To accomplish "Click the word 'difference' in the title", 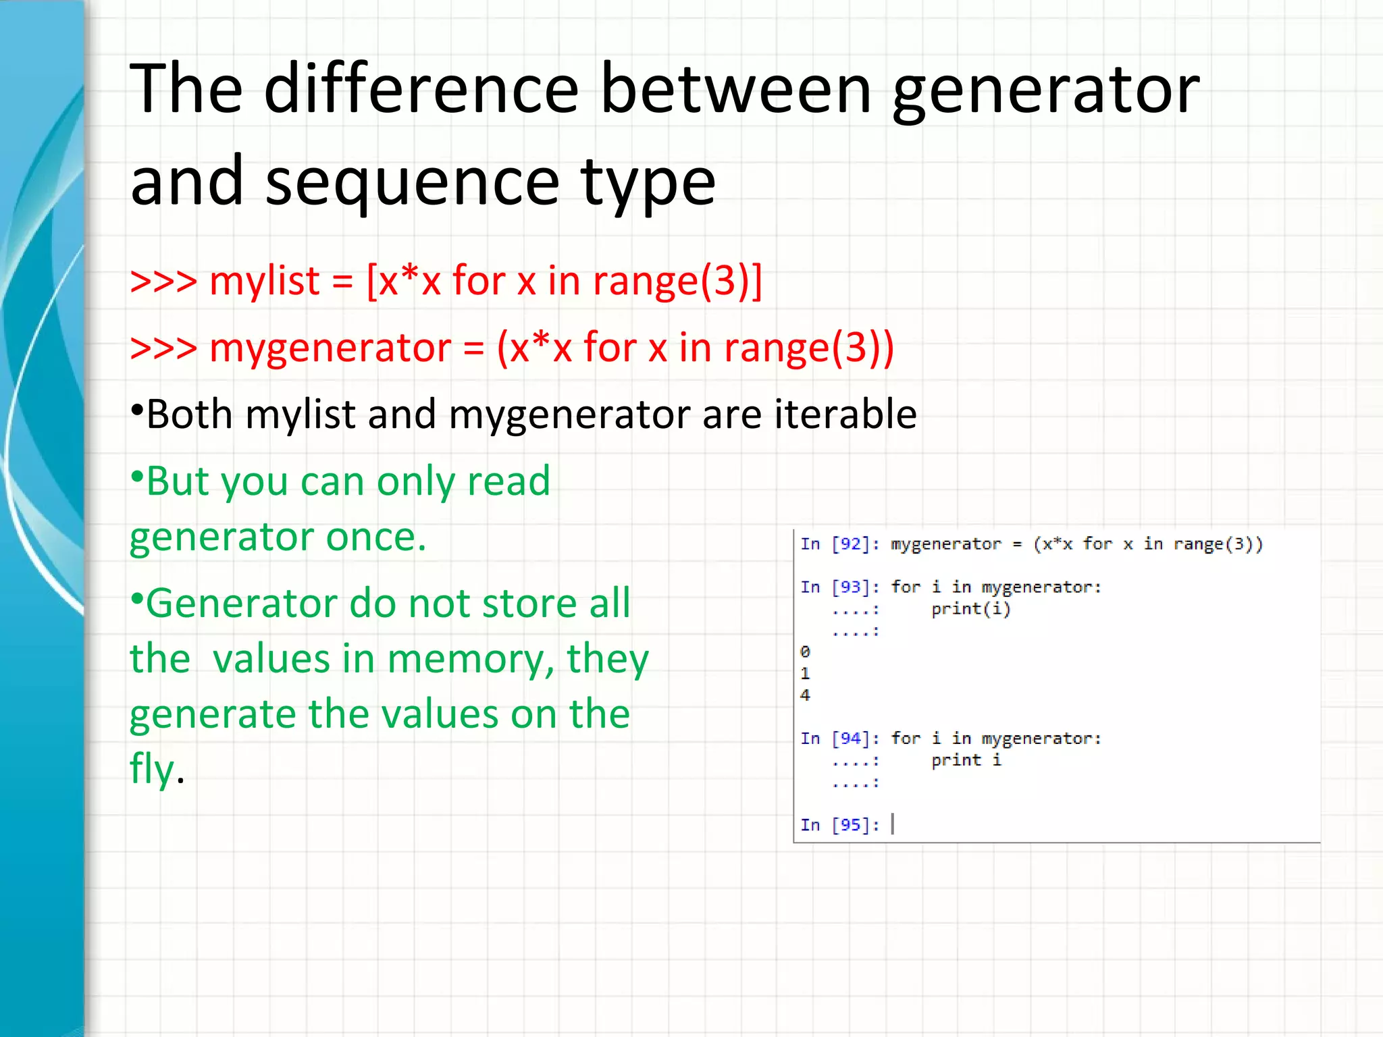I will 421,89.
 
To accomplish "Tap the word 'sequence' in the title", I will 412,182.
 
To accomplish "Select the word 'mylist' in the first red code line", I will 264,281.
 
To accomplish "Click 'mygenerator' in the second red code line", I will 330,348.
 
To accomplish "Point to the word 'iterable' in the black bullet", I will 845,415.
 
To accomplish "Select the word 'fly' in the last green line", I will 151,770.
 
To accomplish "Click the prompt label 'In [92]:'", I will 839,544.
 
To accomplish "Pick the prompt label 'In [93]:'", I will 839,587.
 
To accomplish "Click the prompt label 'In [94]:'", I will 839,739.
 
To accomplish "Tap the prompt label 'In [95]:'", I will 839,825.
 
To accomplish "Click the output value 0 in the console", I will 805,652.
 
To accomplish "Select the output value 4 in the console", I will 805,695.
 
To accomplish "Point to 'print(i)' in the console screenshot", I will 970,609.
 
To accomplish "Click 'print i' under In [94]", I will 966,760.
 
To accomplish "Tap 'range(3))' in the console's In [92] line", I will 1218,544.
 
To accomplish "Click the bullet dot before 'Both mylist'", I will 137,409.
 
